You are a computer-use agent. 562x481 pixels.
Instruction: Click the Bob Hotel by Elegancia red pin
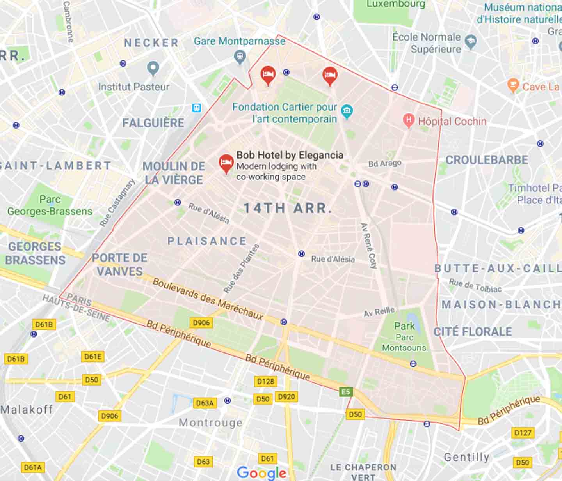(226, 163)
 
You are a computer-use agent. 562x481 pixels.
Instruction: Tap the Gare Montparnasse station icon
(240, 57)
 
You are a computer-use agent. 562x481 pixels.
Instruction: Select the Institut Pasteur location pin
(153, 68)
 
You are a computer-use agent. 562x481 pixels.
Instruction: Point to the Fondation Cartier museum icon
(346, 111)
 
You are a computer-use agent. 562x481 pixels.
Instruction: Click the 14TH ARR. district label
(288, 208)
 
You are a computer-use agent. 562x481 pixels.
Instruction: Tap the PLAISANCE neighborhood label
(207, 241)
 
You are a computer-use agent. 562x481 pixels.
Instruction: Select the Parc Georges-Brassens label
(50, 205)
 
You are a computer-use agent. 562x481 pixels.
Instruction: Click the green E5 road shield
(346, 392)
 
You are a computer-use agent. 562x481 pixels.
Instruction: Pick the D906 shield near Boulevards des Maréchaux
(201, 323)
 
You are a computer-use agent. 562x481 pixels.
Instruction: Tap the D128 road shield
(265, 381)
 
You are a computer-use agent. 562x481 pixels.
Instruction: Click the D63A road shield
(205, 403)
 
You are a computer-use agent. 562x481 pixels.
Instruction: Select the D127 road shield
(523, 433)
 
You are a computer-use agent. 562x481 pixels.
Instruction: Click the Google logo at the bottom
(261, 472)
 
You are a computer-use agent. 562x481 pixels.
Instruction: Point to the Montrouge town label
(210, 423)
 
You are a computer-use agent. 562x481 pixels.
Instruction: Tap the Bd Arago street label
(385, 163)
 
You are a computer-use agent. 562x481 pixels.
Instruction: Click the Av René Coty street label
(369, 246)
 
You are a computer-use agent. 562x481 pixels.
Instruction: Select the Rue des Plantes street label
(241, 269)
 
